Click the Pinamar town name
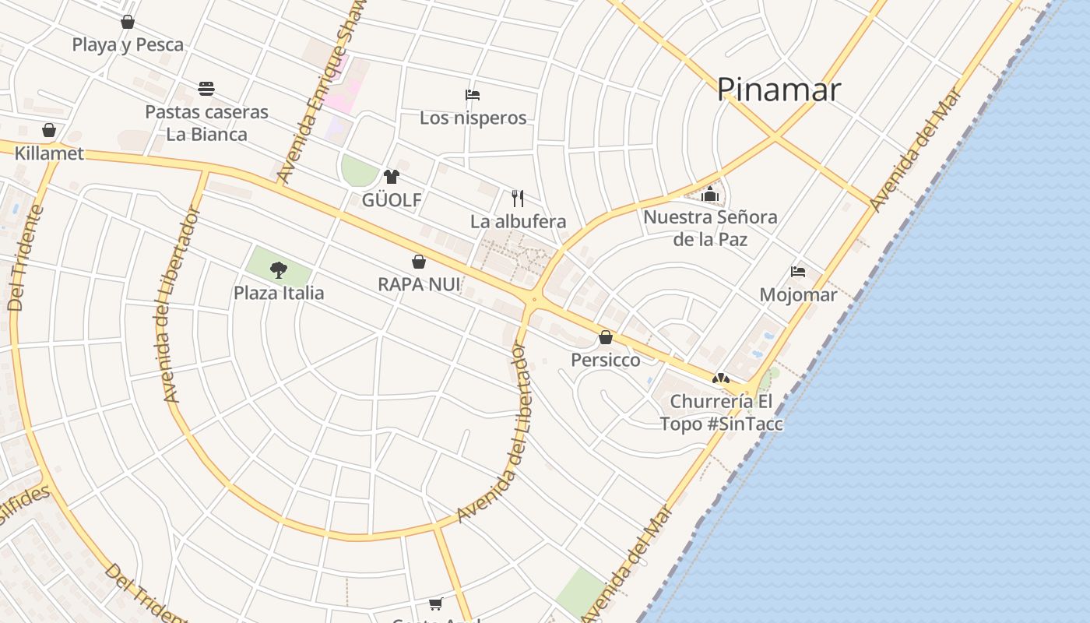tap(779, 90)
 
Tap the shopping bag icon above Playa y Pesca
tap(128, 22)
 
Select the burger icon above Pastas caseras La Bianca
tap(206, 89)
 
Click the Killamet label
tap(49, 153)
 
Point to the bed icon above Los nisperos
tap(473, 95)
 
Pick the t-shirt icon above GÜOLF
tap(392, 177)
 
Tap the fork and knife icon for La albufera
tap(518, 198)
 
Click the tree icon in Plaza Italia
tap(279, 270)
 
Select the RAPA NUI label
tap(419, 285)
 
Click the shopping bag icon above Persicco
tap(606, 337)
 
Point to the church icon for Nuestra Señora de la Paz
tap(710, 194)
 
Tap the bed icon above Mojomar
tap(798, 272)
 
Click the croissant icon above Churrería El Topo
tap(721, 378)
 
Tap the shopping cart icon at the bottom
tap(436, 604)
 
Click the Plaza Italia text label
tap(279, 294)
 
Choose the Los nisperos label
tap(473, 118)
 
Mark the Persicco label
tap(606, 360)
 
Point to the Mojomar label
tap(798, 295)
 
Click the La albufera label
tap(518, 221)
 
